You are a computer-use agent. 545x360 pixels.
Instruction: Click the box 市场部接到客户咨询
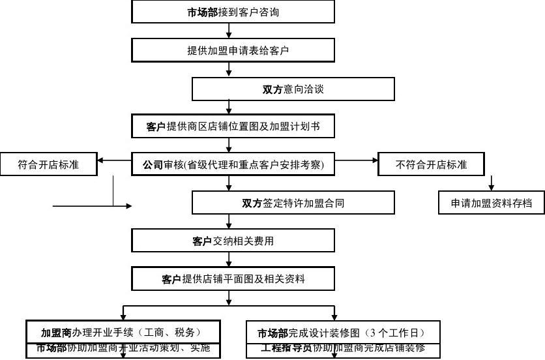pyautogui.click(x=233, y=12)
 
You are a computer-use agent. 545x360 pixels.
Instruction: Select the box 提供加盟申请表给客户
pyautogui.click(x=233, y=50)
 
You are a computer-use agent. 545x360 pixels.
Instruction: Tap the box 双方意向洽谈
pyautogui.click(x=293, y=89)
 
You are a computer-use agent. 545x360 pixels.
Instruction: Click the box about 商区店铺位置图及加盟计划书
pyautogui.click(x=233, y=127)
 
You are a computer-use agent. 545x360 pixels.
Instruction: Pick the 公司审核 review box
pyautogui.click(x=233, y=164)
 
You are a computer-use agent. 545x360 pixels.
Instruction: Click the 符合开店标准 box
pyautogui.click(x=48, y=164)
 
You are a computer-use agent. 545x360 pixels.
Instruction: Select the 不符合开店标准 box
pyautogui.click(x=431, y=164)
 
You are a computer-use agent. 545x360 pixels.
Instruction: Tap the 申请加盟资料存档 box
pyautogui.click(x=491, y=203)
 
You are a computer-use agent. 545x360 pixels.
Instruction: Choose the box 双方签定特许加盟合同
pyautogui.click(x=293, y=203)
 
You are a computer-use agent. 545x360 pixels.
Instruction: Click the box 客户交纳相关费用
pyautogui.click(x=233, y=241)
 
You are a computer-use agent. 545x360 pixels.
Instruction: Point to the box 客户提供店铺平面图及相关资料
pyautogui.click(x=233, y=279)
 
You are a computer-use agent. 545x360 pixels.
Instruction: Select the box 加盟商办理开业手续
pyautogui.click(x=123, y=332)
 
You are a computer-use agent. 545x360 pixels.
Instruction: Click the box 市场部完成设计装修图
pyautogui.click(x=343, y=332)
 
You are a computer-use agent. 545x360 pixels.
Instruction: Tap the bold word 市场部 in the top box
pyautogui.click(x=202, y=12)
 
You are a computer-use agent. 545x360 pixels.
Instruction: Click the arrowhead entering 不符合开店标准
pyautogui.click(x=374, y=160)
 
